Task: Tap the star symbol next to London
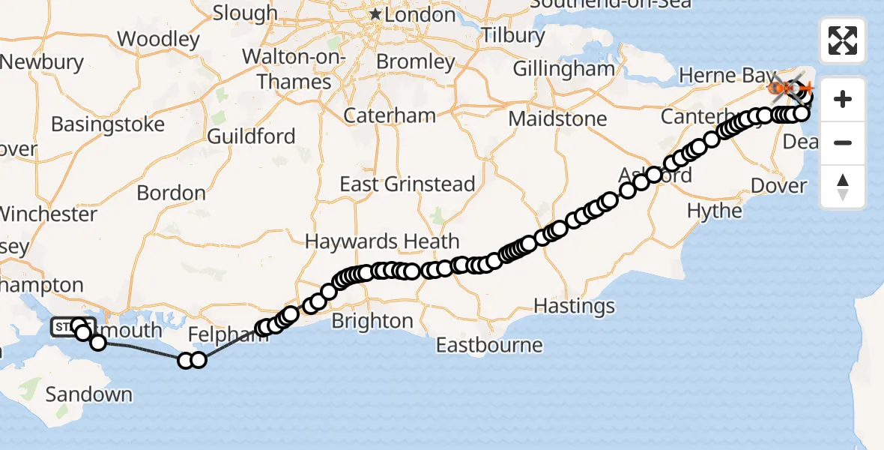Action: pos(375,14)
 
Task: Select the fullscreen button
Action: pos(843,40)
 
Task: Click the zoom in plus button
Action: pos(843,99)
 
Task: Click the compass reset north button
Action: pos(843,186)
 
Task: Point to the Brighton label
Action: pos(372,321)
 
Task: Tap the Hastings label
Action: pos(575,306)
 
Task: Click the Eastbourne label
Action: pos(489,345)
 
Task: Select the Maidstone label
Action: pos(557,118)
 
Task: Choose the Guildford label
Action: pos(252,136)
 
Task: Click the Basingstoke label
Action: pos(108,124)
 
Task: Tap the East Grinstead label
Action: pos(408,184)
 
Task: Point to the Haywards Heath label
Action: pos(383,241)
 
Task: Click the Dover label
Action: pos(777,185)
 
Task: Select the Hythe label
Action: pos(715,211)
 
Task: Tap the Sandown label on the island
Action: pos(89,394)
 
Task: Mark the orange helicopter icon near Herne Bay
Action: pos(779,88)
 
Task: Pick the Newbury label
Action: pos(42,61)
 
